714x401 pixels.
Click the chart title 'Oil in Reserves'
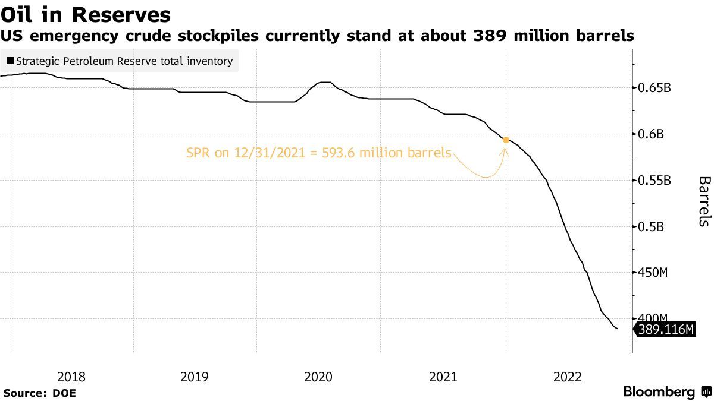(86, 14)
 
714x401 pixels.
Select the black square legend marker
(10, 61)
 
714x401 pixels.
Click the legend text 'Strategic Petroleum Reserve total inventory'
(124, 61)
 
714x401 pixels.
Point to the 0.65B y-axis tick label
(654, 89)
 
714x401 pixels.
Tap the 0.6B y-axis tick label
(651, 134)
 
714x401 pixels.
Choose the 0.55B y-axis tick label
(654, 181)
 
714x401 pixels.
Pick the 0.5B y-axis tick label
(651, 227)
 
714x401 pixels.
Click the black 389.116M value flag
(665, 330)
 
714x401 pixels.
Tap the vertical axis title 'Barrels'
(703, 201)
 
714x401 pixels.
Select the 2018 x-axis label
(71, 377)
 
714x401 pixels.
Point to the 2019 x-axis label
(194, 377)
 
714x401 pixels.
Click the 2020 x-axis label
(318, 377)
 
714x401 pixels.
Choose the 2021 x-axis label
(443, 377)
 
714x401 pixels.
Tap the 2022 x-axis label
(567, 377)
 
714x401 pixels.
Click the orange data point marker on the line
(506, 140)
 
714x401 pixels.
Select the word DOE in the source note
(64, 393)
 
